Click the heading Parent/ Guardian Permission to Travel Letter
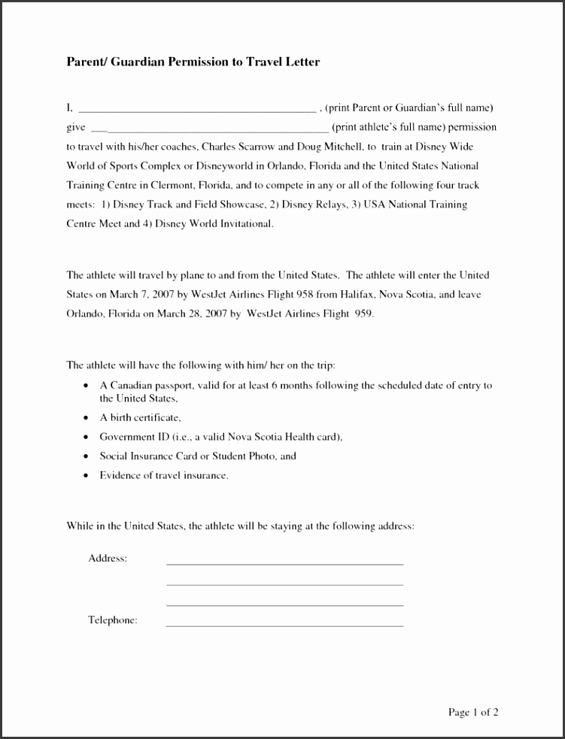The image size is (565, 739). (193, 62)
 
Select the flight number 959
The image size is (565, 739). (362, 313)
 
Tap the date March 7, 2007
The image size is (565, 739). (136, 295)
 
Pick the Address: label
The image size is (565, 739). (108, 559)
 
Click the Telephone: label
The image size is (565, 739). (113, 620)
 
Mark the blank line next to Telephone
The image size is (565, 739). (284, 625)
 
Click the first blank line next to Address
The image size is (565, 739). (284, 563)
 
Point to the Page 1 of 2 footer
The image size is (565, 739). (473, 712)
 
